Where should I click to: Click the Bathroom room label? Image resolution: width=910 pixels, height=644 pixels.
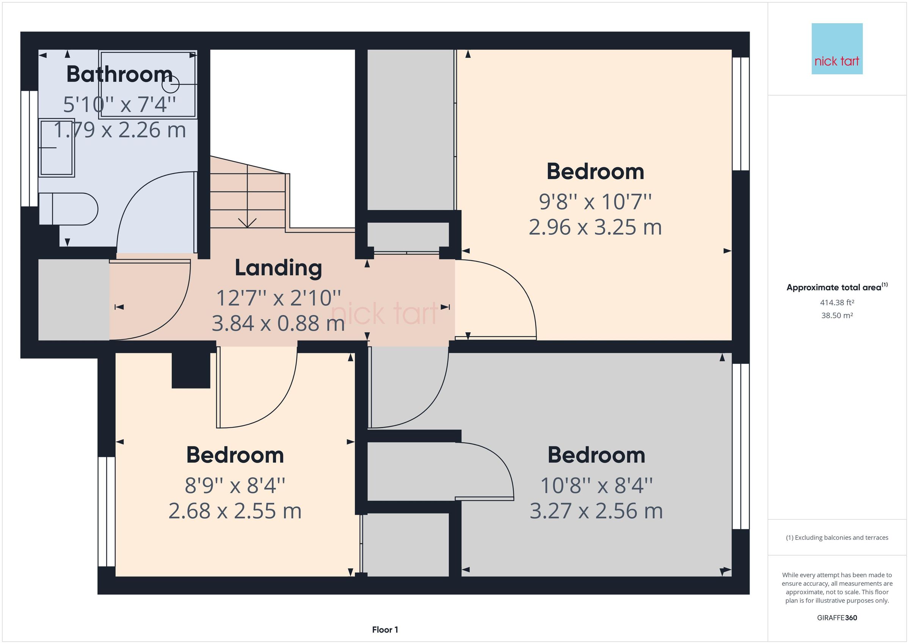coord(119,74)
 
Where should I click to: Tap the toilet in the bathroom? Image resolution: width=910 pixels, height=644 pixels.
coord(71,209)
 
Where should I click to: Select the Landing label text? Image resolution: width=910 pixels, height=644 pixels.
coord(278,268)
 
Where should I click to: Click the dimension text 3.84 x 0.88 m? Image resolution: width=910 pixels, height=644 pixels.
coord(278,323)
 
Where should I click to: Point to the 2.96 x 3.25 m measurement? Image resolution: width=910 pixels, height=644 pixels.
coord(595,228)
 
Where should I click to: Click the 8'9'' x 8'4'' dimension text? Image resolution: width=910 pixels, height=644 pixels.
coord(235,485)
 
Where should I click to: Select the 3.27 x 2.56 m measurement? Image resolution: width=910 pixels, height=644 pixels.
coord(596,511)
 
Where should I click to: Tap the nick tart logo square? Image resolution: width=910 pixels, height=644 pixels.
coord(837,49)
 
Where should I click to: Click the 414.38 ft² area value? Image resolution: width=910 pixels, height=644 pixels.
coord(837,303)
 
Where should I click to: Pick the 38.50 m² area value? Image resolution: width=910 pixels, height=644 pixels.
coord(837,316)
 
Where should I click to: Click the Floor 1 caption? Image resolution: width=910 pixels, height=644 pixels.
coord(385,630)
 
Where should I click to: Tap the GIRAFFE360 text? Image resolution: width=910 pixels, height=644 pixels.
coord(837,618)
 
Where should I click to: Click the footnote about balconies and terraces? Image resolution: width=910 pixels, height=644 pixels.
coord(837,538)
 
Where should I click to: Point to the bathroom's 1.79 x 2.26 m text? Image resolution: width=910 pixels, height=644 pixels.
coord(119,130)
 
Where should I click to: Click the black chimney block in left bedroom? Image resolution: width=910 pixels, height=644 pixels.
coord(191,370)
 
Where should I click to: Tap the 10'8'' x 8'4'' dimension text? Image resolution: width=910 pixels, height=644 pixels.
coord(596,485)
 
